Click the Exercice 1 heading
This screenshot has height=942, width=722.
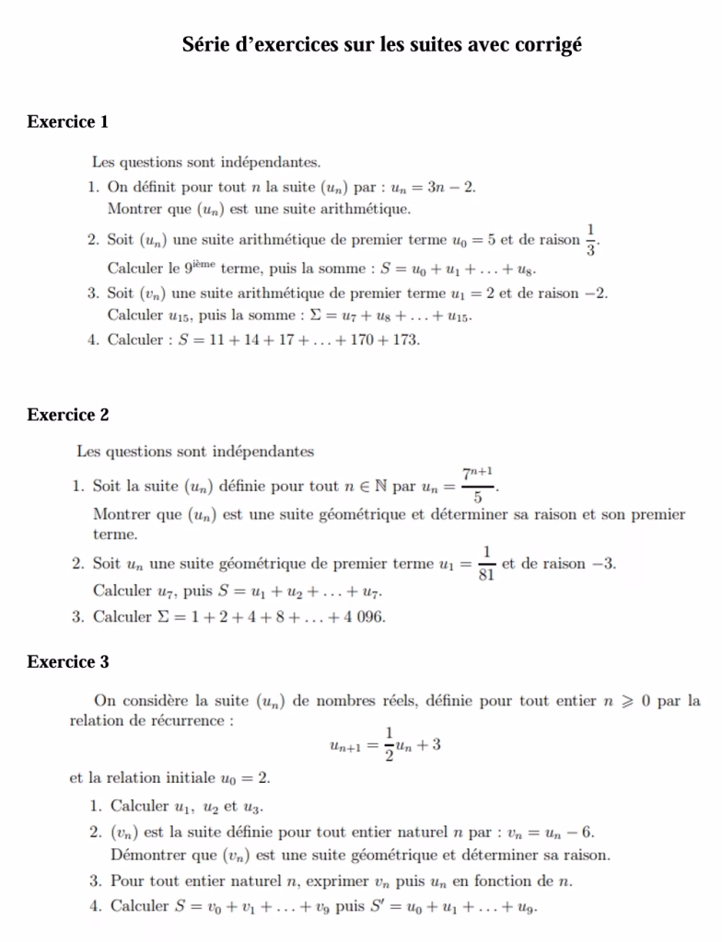(x=68, y=121)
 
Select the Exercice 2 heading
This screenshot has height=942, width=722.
(x=68, y=415)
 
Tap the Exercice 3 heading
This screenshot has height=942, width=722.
(x=68, y=661)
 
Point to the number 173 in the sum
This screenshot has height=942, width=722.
(x=406, y=339)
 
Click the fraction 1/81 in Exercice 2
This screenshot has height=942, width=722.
(x=484, y=563)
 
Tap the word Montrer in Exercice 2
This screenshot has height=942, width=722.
(x=123, y=514)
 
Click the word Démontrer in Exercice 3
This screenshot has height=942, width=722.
(x=146, y=855)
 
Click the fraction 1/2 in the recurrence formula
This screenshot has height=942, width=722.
(x=389, y=744)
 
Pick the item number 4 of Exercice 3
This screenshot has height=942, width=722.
(x=95, y=905)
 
